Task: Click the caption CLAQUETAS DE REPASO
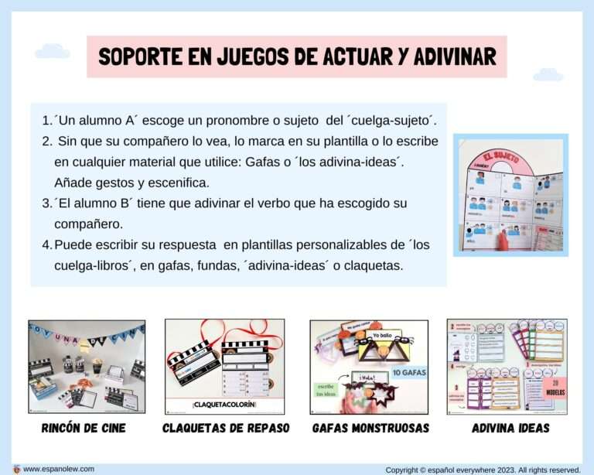226,428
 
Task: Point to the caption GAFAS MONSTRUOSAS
370,428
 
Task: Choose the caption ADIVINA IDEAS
510,428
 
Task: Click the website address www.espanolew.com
59,468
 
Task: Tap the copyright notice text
482,469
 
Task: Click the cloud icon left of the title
53,52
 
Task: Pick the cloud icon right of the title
548,75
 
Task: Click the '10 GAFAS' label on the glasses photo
409,372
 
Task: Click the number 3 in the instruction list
46,203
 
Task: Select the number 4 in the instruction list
46,244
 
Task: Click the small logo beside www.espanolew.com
16,468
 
